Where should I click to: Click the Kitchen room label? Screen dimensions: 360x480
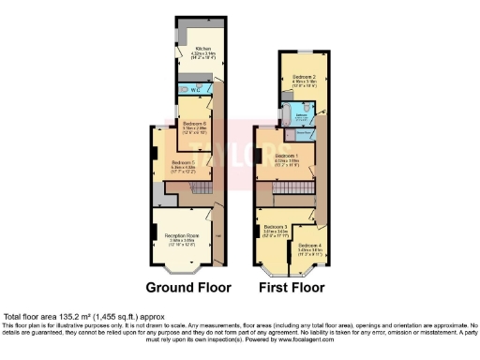click(x=202, y=49)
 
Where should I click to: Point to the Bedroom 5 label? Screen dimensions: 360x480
click(x=183, y=162)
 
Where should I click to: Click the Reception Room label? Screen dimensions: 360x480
click(x=181, y=235)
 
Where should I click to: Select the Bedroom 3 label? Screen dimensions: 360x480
click(x=277, y=227)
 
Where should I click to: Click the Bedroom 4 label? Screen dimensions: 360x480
click(x=310, y=246)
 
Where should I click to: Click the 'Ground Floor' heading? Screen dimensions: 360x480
click(x=186, y=287)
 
